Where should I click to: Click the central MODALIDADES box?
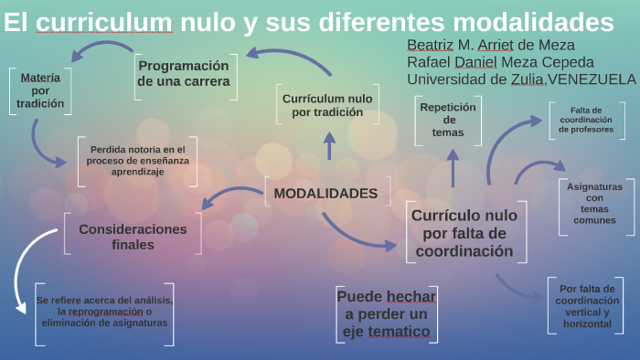pyautogui.click(x=325, y=193)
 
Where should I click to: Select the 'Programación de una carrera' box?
pyautogui.click(x=183, y=73)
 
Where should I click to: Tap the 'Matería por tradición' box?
pyautogui.click(x=40, y=90)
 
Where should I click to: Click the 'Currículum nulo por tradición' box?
pyautogui.click(x=327, y=105)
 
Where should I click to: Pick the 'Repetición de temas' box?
pyautogui.click(x=448, y=120)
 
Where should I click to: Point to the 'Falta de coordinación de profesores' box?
pyautogui.click(x=591, y=120)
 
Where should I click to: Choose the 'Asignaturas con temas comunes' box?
pyautogui.click(x=595, y=204)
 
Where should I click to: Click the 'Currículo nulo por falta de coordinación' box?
pyautogui.click(x=464, y=234)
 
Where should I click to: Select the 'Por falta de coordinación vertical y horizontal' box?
pyautogui.click(x=592, y=305)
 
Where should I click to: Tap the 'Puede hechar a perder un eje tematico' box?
pyautogui.click(x=386, y=313)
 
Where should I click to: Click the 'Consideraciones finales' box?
pyautogui.click(x=133, y=237)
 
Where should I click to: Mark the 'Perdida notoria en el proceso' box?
pyautogui.click(x=137, y=160)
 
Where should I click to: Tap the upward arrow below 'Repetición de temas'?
pyautogui.click(x=453, y=167)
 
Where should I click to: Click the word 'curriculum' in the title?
pyautogui.click(x=105, y=21)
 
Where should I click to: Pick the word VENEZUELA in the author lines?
pyautogui.click(x=592, y=79)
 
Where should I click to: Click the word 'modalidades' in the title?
pyautogui.click(x=547, y=21)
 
